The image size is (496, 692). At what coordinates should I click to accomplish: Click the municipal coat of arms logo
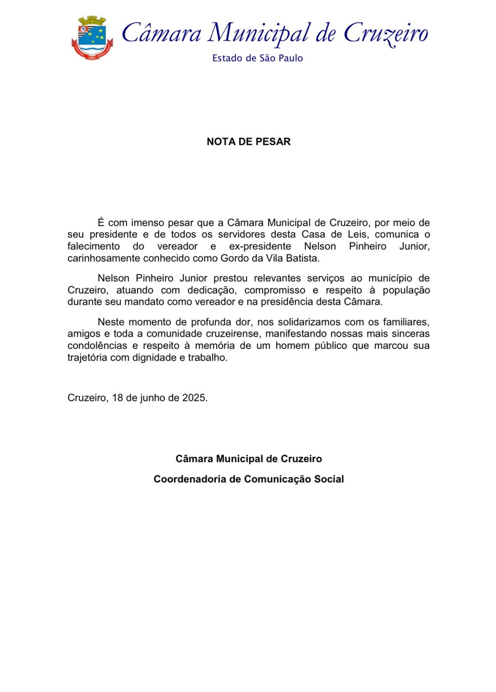[92, 38]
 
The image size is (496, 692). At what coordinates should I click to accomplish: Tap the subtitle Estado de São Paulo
[257, 58]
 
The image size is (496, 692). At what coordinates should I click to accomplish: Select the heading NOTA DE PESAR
[248, 141]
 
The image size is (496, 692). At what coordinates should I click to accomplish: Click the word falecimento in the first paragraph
[93, 247]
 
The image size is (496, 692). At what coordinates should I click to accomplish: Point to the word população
[405, 290]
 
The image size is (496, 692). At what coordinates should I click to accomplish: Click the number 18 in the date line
[118, 398]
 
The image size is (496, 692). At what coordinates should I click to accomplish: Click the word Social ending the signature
[329, 479]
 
